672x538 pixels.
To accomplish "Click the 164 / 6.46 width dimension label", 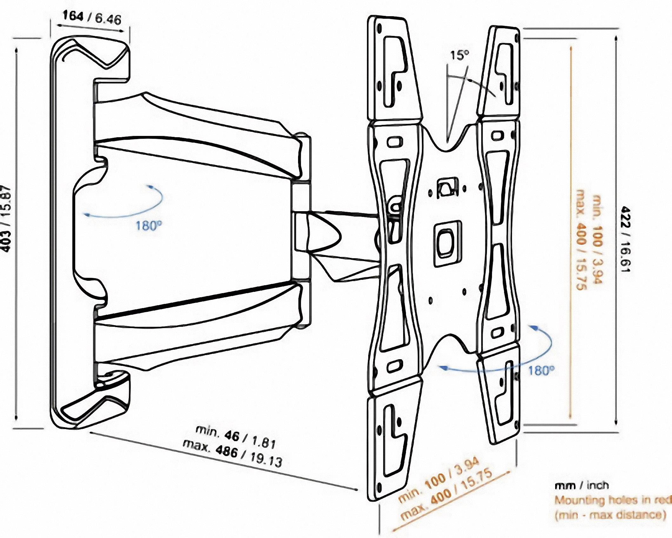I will pos(92,18).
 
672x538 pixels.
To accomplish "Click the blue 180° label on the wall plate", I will pos(149,226).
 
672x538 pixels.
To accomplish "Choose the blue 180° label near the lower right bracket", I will pos(541,371).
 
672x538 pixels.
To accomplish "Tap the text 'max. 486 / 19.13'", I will pos(232,454).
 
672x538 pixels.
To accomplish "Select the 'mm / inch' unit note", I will pos(582,486).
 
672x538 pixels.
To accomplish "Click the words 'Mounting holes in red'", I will pos(613,501).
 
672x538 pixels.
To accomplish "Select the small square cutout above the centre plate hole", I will pos(447,188).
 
